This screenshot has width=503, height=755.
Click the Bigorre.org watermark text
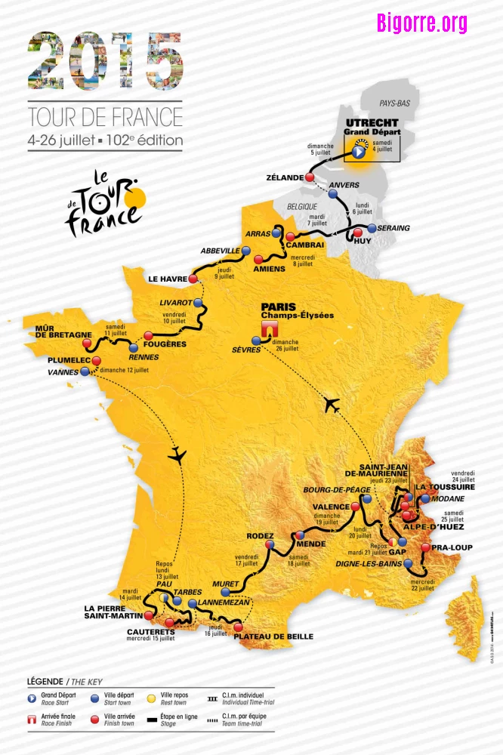(422, 23)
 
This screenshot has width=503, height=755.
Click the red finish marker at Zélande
(309, 177)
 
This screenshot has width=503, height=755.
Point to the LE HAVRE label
(167, 277)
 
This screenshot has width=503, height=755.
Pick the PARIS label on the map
(279, 307)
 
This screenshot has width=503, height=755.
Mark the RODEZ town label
(260, 536)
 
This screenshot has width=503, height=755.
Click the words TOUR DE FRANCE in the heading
(105, 117)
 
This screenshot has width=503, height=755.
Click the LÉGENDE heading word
(45, 681)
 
